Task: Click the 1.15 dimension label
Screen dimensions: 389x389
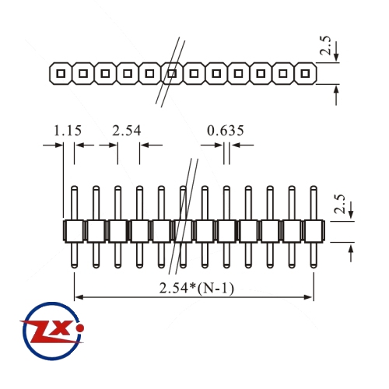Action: [68, 131]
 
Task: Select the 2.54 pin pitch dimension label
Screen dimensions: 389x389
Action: [127, 131]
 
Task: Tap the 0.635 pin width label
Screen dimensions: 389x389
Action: [226, 131]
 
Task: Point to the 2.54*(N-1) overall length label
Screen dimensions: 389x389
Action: [197, 288]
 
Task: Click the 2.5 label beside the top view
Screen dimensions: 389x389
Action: [325, 45]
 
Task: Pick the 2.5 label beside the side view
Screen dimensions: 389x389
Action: [340, 204]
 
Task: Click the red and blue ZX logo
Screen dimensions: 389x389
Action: [52, 331]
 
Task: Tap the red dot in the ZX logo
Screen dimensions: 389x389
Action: [81, 328]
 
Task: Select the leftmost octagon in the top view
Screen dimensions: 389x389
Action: [60, 74]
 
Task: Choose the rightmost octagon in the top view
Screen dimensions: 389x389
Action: [306, 74]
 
